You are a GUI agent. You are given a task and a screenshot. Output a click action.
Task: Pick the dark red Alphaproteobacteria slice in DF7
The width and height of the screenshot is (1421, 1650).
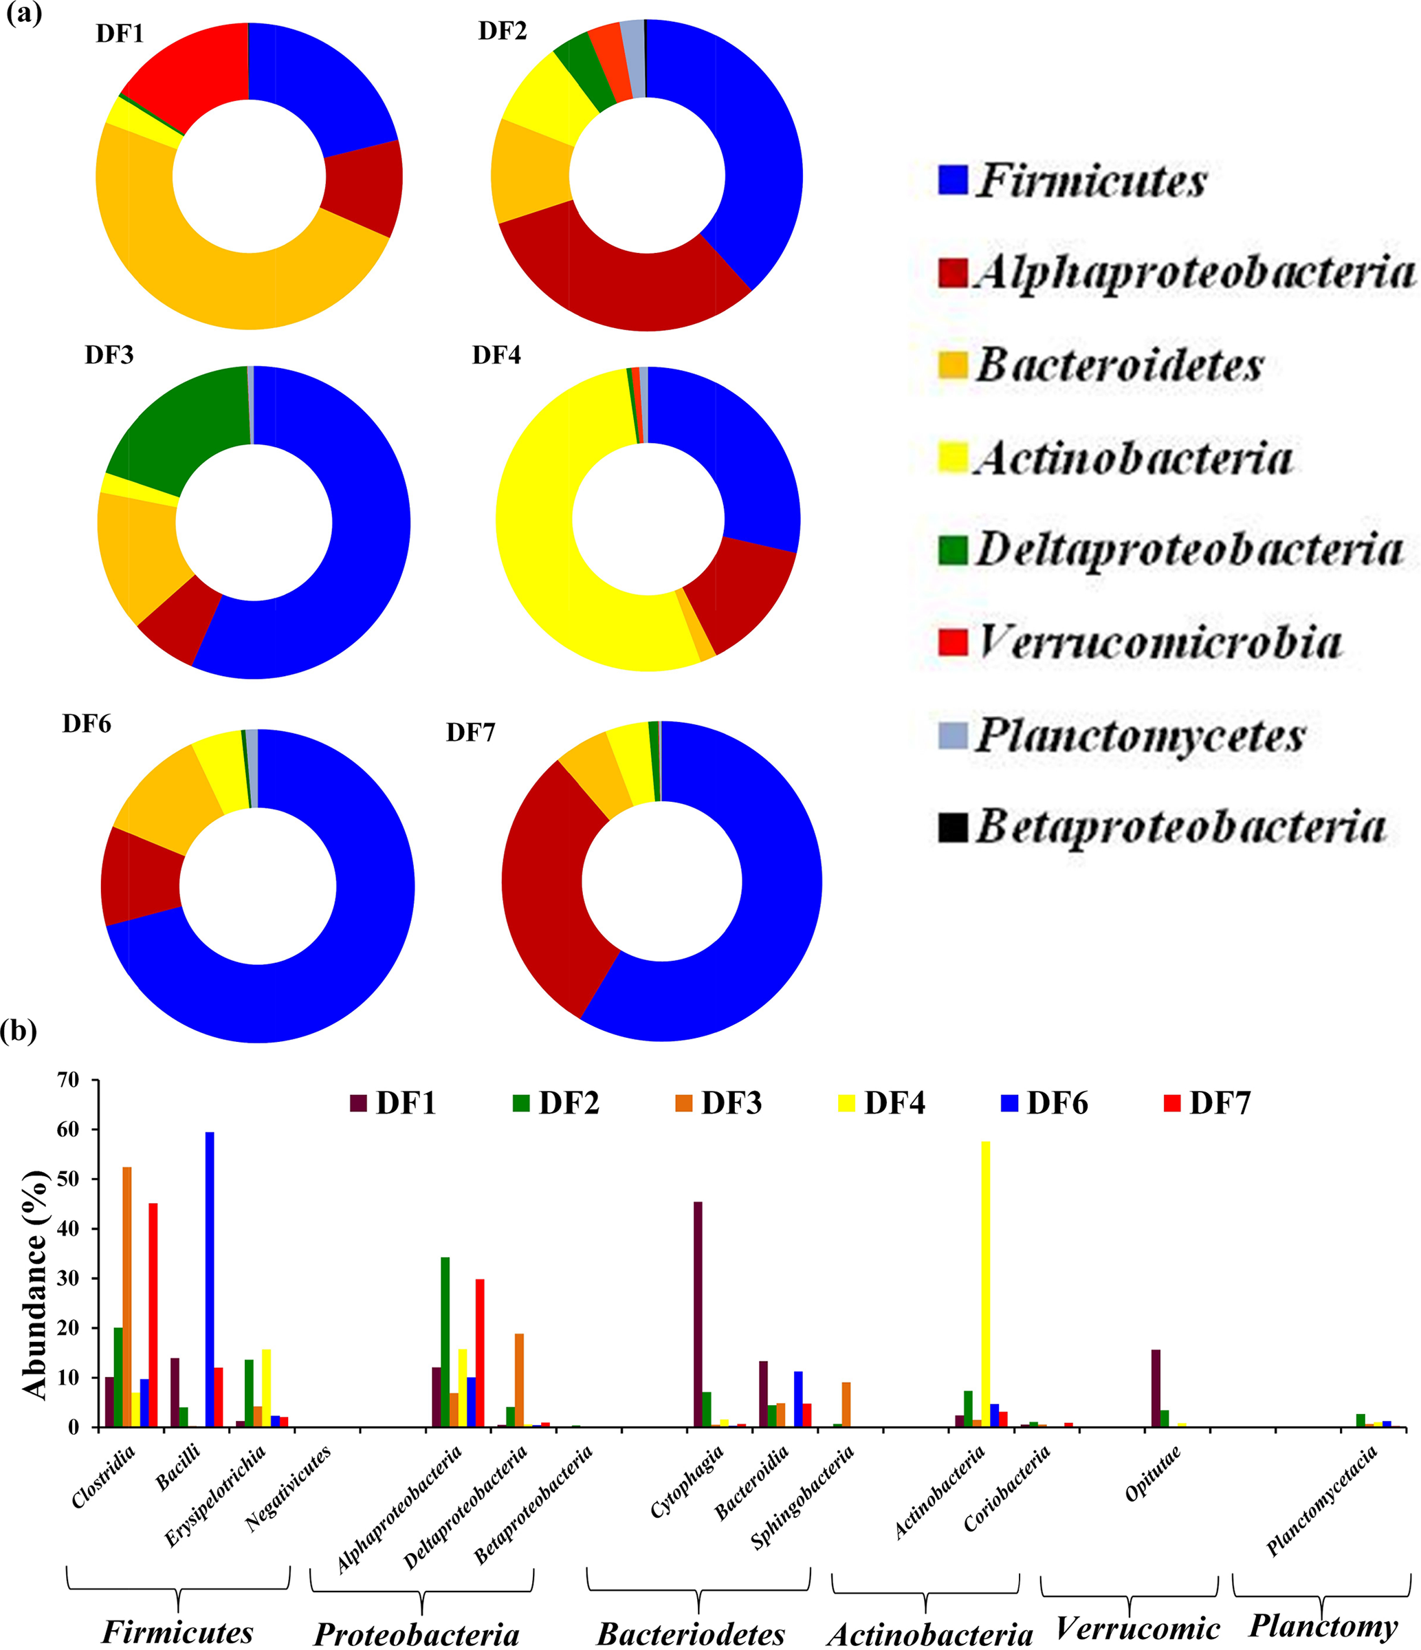549,884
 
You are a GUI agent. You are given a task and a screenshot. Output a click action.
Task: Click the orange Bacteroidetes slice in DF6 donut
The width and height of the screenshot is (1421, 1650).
163,801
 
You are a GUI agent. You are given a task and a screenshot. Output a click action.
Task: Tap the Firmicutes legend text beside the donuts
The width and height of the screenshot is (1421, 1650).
1090,181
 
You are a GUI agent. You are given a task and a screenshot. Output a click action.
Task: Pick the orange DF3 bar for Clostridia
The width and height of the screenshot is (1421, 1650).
126,1297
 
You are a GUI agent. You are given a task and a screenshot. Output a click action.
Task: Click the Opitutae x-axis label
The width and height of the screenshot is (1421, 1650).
1153,1473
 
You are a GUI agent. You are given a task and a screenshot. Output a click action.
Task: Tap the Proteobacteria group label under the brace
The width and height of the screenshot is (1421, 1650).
417,1633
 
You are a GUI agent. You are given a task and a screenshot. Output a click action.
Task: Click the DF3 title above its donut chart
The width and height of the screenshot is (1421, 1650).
109,355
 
